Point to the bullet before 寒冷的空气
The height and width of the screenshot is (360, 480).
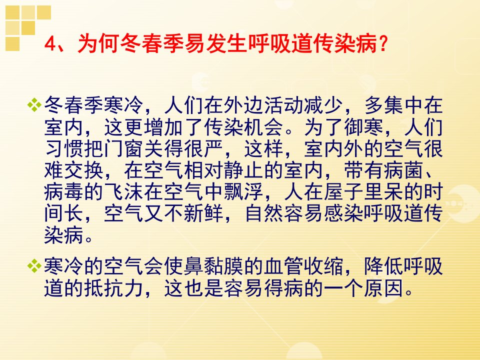pos(34,265)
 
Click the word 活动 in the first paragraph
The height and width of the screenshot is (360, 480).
pos(284,105)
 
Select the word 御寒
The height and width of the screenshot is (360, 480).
pos(363,127)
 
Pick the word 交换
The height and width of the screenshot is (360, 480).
pos(84,170)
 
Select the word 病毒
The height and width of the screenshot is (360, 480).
pos(64,192)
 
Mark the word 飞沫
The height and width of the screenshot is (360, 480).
pos(124,192)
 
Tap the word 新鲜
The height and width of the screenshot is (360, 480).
pos(204,213)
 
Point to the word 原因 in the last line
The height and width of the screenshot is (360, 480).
pos(383,288)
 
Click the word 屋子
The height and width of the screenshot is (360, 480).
pos(344,192)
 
